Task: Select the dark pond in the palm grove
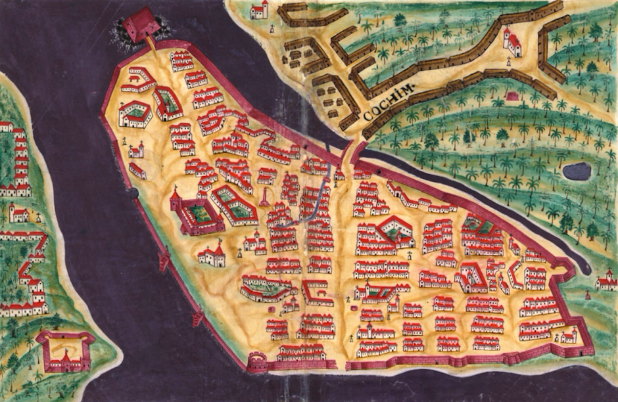pyautogui.click(x=577, y=171)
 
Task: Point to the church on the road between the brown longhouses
pyautogui.click(x=512, y=42)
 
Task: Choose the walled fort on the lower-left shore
pyautogui.click(x=65, y=351)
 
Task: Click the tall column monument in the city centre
pyautogui.click(x=264, y=196)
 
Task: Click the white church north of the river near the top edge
pyautogui.click(x=260, y=9)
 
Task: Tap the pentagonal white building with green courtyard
pyautogui.click(x=135, y=114)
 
